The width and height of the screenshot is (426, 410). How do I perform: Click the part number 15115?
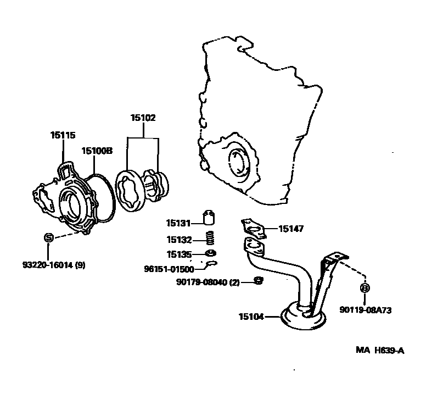[63, 135]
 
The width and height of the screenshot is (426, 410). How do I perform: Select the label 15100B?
[97, 150]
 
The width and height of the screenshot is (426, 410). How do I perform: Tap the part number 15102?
[143, 118]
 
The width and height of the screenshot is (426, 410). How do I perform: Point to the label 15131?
[178, 223]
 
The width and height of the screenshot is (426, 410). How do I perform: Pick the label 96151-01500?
[169, 269]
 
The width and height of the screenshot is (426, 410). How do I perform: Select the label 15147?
[291, 229]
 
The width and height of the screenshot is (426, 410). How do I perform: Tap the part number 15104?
[251, 317]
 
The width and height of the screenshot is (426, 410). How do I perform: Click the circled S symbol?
[48, 238]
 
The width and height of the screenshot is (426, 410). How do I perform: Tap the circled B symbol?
[364, 287]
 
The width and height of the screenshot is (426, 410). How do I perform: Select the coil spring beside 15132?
[209, 239]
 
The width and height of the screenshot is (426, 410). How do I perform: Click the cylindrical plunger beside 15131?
[209, 218]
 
